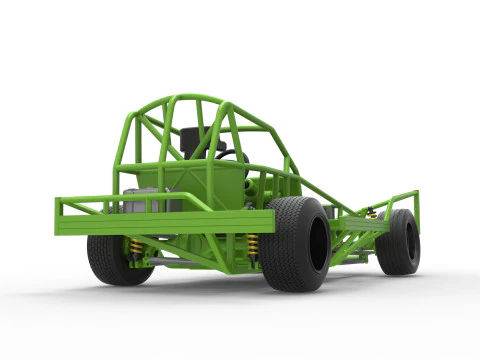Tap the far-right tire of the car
[398, 241]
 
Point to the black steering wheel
[228, 155]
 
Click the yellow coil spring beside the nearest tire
[252, 247]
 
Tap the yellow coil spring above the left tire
[136, 246]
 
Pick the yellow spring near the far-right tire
[372, 213]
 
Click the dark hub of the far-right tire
[410, 242]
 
